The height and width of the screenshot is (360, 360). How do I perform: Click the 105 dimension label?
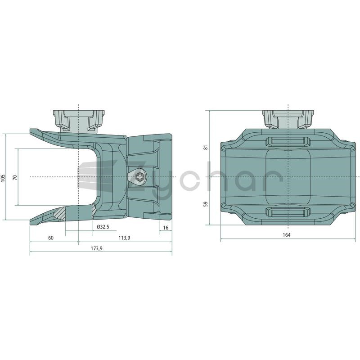pyautogui.click(x=3, y=177)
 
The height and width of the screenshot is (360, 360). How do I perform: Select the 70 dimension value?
pyautogui.click(x=15, y=177)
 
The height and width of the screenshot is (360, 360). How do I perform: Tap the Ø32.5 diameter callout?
pyautogui.click(x=103, y=227)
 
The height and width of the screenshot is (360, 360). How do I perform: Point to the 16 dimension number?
pyautogui.click(x=166, y=228)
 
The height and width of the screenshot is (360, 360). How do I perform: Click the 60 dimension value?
pyautogui.click(x=51, y=238)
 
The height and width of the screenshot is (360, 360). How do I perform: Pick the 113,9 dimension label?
pyautogui.click(x=124, y=238)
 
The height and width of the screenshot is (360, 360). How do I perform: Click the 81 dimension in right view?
pyautogui.click(x=206, y=147)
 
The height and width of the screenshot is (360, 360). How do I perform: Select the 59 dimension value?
pyautogui.click(x=206, y=204)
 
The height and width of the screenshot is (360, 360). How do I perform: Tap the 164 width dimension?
pyautogui.click(x=287, y=235)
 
